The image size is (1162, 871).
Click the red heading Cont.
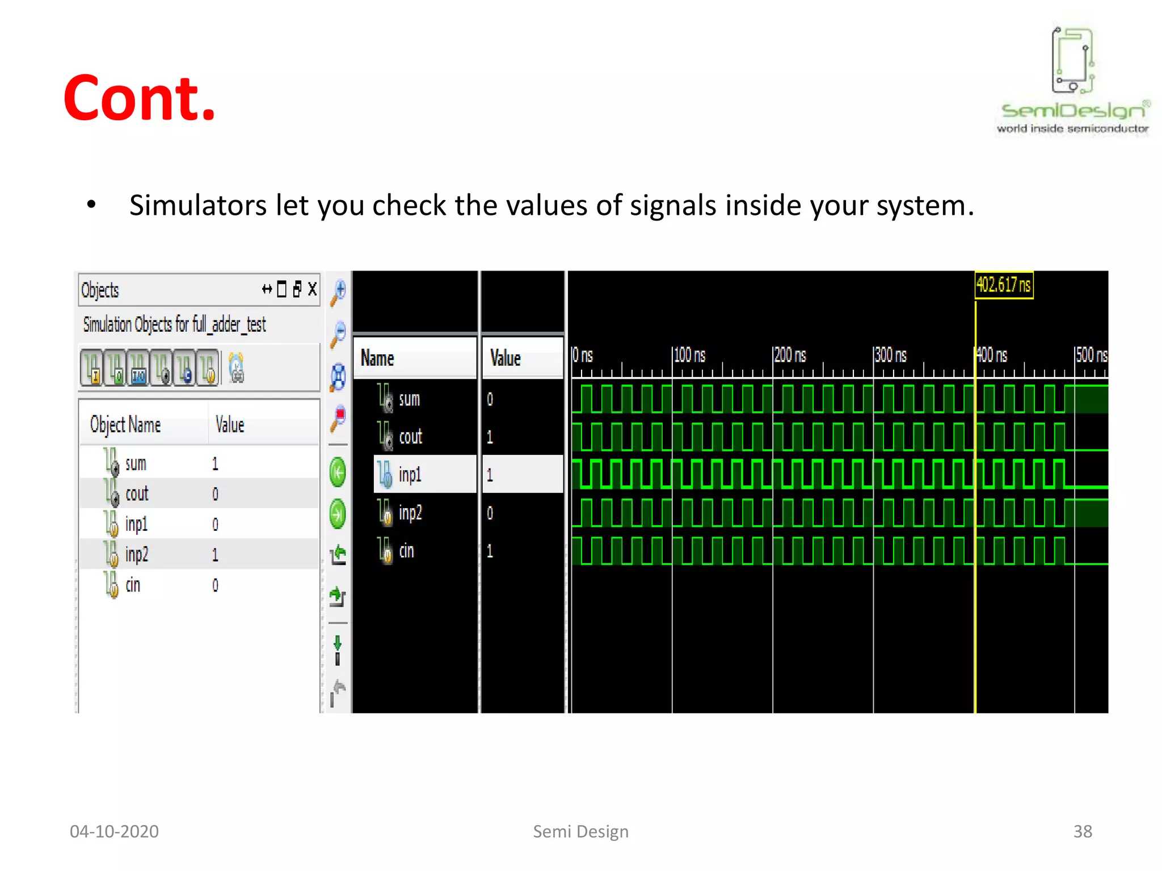click(x=140, y=99)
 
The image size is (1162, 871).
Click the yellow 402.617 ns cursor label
click(x=1003, y=285)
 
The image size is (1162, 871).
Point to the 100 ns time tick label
click(x=689, y=356)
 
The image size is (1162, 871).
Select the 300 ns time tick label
click(x=890, y=356)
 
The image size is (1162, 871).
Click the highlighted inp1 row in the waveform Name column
click(x=410, y=474)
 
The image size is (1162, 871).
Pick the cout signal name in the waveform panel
click(x=410, y=437)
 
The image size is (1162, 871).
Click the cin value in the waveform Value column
click(x=490, y=551)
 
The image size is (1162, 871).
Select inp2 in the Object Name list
click(x=136, y=554)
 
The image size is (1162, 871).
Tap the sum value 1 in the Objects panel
click(x=215, y=464)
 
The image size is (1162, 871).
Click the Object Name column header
click(x=125, y=425)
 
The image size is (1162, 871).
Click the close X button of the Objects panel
click(x=312, y=289)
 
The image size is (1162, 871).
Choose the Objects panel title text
click(x=100, y=290)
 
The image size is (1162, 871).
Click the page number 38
click(x=1082, y=831)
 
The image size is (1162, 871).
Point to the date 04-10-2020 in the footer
click(x=114, y=831)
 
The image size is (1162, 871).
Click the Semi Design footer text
click(x=580, y=831)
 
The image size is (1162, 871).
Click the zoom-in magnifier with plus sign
click(x=339, y=290)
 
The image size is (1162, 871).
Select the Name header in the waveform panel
click(x=377, y=358)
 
